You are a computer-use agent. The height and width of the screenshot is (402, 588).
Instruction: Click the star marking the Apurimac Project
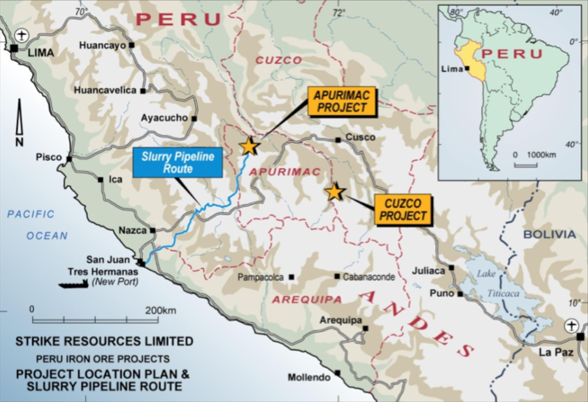249,146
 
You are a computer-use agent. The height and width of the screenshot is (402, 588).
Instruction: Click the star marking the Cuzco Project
334,192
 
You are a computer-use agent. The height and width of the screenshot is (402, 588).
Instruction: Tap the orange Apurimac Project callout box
341,101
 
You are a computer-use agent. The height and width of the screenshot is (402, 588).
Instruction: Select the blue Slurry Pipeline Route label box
178,163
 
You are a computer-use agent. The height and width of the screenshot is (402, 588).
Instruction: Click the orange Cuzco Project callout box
403,210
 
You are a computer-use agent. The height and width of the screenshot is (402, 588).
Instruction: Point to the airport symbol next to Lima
22,36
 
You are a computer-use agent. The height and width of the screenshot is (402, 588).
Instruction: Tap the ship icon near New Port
73,284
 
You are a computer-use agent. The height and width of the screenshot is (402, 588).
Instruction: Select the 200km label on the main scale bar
161,310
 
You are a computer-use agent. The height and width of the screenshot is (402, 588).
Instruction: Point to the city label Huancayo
102,45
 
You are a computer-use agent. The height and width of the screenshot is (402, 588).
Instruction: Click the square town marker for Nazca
153,230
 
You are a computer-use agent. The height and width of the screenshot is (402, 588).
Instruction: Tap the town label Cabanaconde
368,277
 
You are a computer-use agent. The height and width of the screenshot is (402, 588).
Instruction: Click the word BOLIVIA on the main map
549,234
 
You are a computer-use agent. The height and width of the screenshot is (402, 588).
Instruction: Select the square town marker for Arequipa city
365,328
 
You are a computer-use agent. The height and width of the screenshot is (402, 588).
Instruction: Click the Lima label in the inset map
452,69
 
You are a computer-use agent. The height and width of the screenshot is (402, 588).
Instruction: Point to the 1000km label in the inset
541,155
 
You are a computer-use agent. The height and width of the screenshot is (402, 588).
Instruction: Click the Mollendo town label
309,377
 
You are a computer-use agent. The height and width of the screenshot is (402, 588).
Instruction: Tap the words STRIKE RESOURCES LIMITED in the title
104,341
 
